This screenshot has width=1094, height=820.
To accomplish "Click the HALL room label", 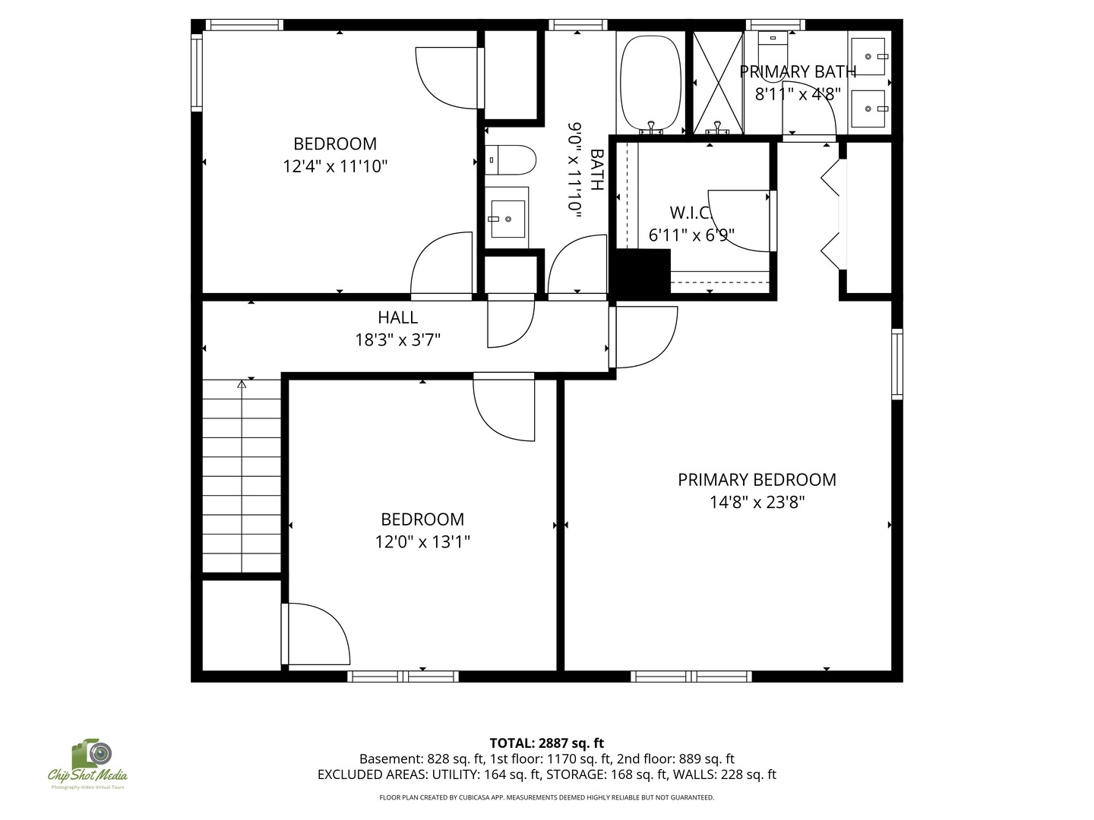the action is pyautogui.click(x=397, y=317).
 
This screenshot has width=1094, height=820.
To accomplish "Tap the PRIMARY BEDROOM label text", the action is pyautogui.click(x=757, y=479).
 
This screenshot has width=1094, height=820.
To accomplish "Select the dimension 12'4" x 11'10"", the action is pyautogui.click(x=335, y=166).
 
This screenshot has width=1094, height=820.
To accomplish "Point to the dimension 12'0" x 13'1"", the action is pyautogui.click(x=422, y=541).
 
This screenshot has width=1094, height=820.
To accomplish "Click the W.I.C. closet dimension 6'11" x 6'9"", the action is pyautogui.click(x=691, y=235).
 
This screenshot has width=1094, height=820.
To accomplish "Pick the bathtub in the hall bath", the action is pyautogui.click(x=650, y=83).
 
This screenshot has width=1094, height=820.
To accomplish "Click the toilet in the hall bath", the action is pyautogui.click(x=511, y=159).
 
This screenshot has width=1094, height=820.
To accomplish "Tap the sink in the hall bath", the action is pyautogui.click(x=507, y=219).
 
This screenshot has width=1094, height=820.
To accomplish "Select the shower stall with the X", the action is pyautogui.click(x=718, y=83).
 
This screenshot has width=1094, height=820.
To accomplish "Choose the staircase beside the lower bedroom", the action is pyautogui.click(x=242, y=476).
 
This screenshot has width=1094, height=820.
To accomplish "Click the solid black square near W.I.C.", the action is pyautogui.click(x=640, y=275).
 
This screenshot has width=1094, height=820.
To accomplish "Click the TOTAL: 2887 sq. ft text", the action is pyautogui.click(x=546, y=743).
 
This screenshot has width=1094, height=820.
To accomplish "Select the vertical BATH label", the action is pyautogui.click(x=596, y=169).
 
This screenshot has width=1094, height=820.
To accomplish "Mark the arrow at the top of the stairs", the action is pyautogui.click(x=242, y=384).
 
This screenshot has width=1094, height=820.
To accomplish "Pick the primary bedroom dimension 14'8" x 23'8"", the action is pyautogui.click(x=757, y=502).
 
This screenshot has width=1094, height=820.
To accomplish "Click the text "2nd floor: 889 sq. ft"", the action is pyautogui.click(x=675, y=758).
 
